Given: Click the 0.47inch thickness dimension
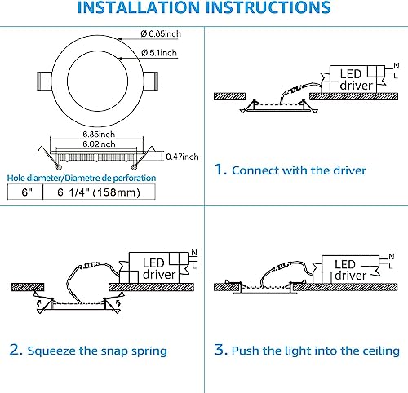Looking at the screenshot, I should (x=180, y=156).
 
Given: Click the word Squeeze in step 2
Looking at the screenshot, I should (x=57, y=351).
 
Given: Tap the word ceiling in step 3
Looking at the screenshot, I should (x=377, y=351).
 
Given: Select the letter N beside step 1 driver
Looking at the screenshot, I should (x=393, y=68).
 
